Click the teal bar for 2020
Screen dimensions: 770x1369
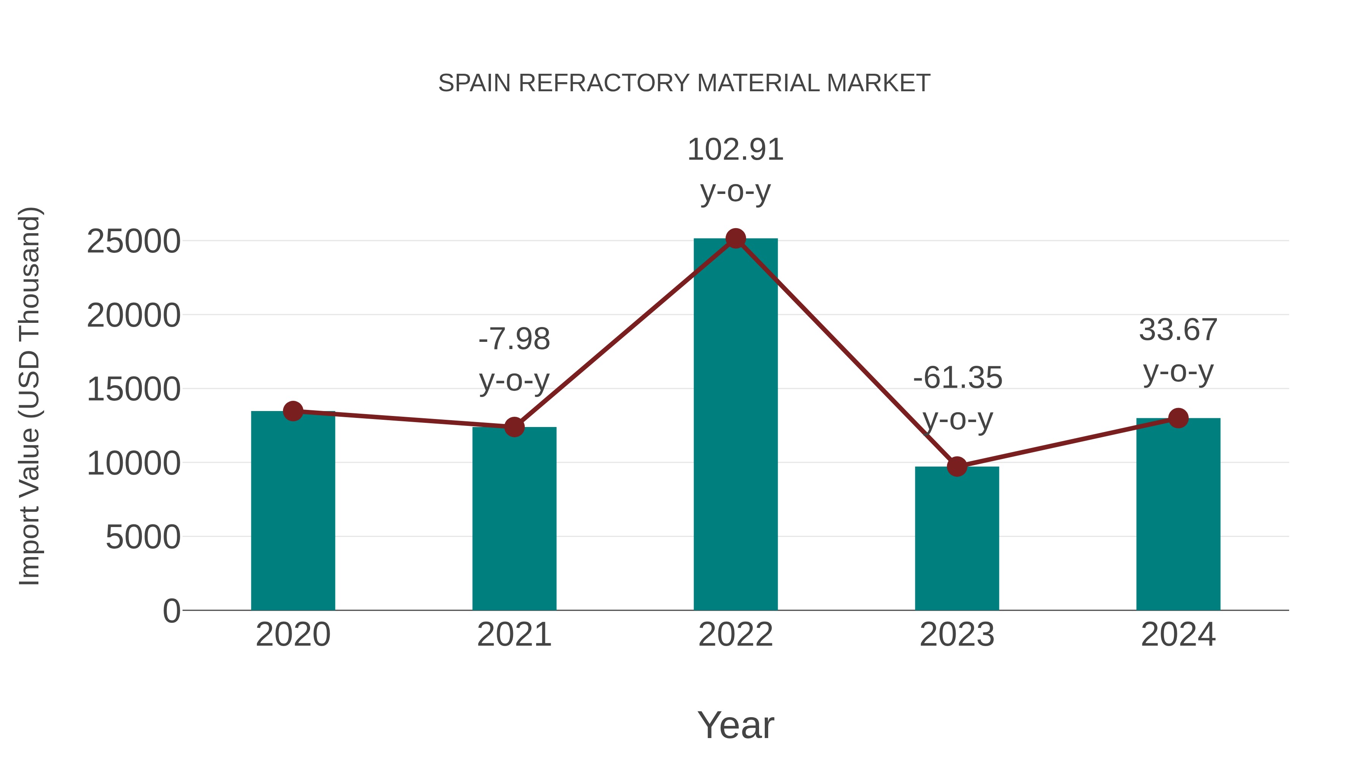(x=293, y=510)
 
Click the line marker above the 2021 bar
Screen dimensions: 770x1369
(x=514, y=427)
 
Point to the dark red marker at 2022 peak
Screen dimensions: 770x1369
(x=735, y=238)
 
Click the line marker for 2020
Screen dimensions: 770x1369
(x=293, y=411)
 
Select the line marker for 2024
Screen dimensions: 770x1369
(x=1178, y=418)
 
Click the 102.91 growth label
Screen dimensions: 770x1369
(x=735, y=150)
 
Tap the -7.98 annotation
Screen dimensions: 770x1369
(x=514, y=339)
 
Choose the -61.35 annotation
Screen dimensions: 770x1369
(x=957, y=378)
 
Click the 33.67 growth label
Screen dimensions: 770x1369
(x=1178, y=330)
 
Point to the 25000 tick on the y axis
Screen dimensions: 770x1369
(x=133, y=242)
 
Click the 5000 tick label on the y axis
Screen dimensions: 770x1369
(x=143, y=537)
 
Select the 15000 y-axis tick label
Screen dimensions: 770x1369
(x=133, y=389)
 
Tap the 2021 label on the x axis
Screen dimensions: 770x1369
(x=514, y=635)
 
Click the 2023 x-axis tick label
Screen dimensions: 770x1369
(x=957, y=635)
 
